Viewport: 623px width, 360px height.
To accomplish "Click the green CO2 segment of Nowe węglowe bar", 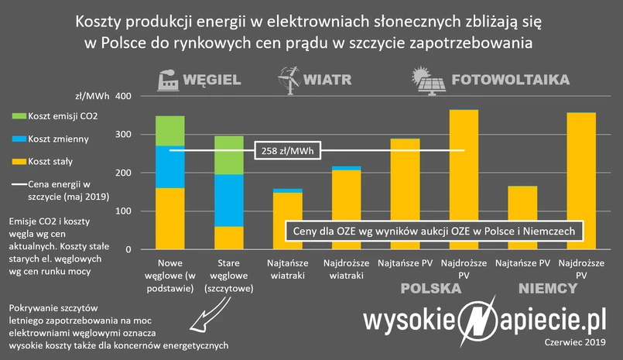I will (169, 131).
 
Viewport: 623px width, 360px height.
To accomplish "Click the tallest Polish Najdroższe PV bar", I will (464, 179).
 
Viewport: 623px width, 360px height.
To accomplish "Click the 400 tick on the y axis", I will (124, 97).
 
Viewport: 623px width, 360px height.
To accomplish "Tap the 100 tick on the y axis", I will (124, 211).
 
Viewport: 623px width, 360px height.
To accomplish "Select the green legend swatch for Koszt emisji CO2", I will (19, 116).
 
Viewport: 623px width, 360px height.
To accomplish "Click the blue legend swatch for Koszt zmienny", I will (19, 139).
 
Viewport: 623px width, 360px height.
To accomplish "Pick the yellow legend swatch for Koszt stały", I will (19, 162).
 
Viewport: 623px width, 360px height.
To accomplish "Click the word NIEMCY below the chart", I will (547, 289).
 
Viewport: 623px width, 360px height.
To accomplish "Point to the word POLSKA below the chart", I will (430, 289).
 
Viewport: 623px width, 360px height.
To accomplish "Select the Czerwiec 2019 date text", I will (573, 341).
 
